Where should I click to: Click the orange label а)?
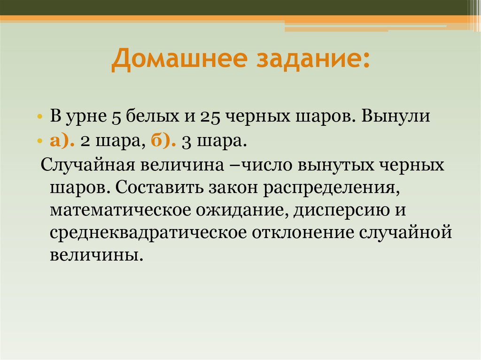(x=61, y=141)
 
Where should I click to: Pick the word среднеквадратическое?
(x=148, y=233)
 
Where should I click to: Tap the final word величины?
(x=94, y=256)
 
